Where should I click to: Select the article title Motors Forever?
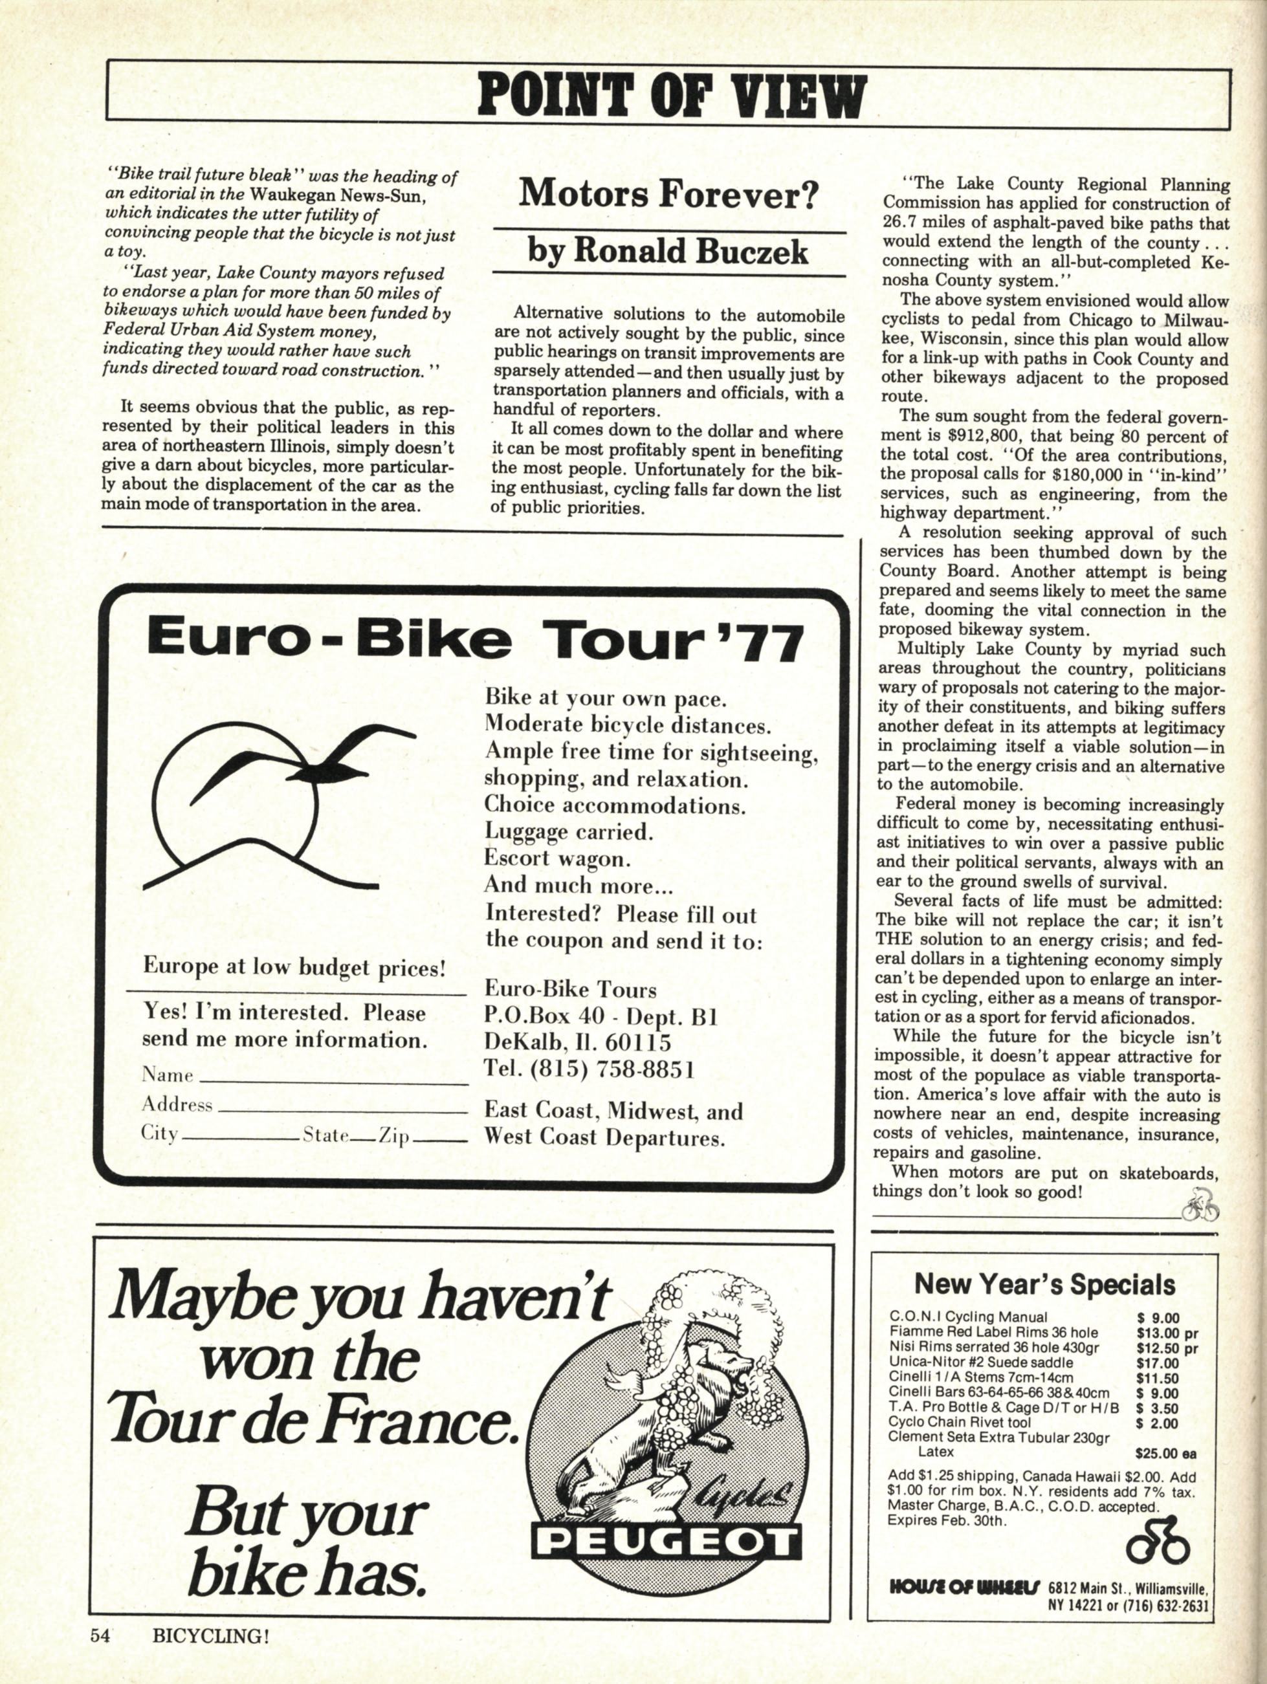[668, 195]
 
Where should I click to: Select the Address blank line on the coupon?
[341, 1108]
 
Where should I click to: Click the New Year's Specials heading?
[1044, 1284]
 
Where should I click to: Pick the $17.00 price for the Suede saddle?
[1158, 1362]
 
